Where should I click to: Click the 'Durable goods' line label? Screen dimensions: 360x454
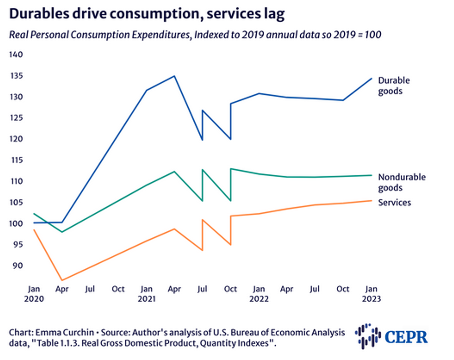point(394,86)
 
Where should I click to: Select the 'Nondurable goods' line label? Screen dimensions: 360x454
point(402,182)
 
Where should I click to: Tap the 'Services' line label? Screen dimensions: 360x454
point(394,202)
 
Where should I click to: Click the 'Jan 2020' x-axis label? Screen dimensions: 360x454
point(34,294)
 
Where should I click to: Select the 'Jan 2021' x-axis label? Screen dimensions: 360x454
point(146,294)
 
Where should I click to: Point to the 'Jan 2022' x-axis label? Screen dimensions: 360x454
point(259,294)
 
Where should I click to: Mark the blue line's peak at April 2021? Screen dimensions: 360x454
point(174,76)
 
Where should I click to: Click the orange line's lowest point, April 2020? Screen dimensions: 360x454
point(62,280)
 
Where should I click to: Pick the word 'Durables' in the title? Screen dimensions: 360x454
point(35,14)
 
